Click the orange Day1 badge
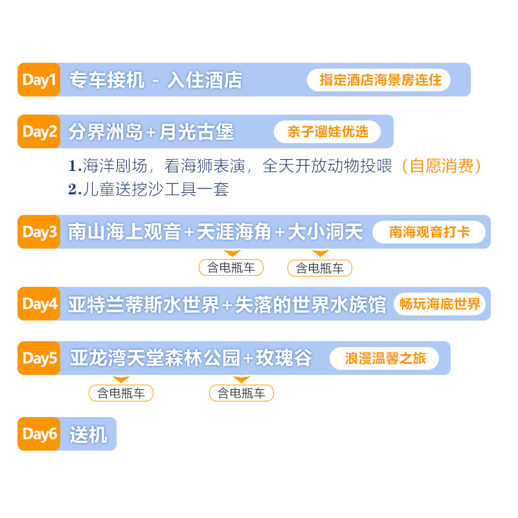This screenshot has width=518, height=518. [39, 80]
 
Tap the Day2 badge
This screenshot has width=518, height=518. [39, 131]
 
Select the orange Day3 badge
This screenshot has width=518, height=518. [39, 232]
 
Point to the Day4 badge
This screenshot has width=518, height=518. [39, 304]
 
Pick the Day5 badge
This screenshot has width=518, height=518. [39, 358]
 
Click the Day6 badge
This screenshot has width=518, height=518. [39, 434]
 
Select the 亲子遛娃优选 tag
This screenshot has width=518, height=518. [327, 131]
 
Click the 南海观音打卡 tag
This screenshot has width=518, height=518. [429, 232]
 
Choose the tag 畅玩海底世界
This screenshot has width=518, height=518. [440, 304]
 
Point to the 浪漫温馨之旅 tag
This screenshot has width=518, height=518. [385, 358]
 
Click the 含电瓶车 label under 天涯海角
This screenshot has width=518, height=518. [231, 267]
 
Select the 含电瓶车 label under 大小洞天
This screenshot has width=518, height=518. [320, 267]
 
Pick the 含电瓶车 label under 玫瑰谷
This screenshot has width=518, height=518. [242, 393]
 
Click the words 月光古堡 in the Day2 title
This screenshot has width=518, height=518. [196, 132]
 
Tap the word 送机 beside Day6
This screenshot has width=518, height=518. [88, 434]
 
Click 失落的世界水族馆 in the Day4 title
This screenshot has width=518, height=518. [310, 304]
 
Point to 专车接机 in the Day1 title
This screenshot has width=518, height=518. [107, 80]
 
